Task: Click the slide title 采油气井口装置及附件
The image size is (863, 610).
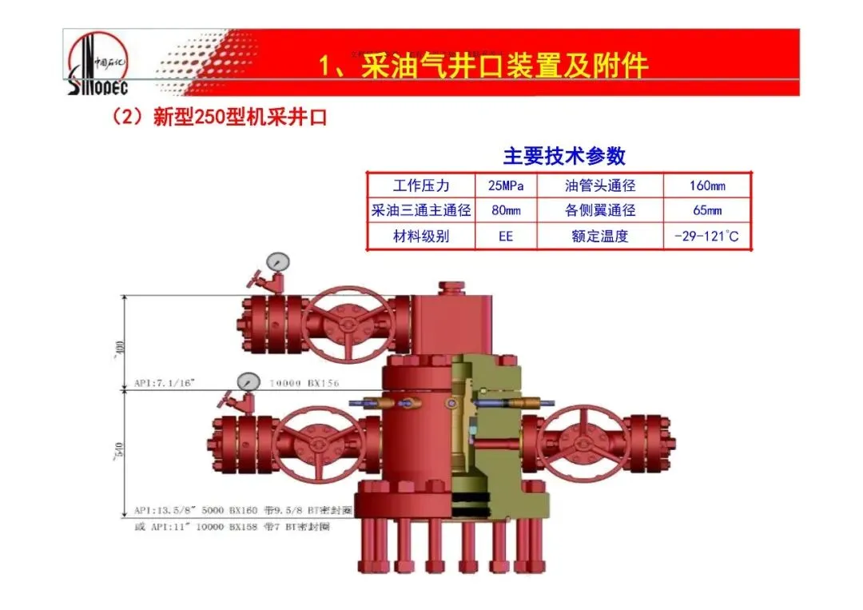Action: [483, 66]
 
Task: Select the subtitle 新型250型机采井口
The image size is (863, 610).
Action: [220, 118]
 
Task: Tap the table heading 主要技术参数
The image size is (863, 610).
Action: [564, 156]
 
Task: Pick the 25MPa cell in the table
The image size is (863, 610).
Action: [506, 186]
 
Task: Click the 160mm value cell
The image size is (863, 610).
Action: [707, 186]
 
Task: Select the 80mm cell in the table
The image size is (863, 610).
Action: [506, 211]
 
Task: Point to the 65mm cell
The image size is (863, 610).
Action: [707, 211]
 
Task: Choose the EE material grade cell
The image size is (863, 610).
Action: [506, 236]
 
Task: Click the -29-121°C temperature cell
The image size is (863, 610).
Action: [707, 236]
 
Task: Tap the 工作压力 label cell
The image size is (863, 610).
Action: [421, 186]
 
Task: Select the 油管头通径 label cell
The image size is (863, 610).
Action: [600, 186]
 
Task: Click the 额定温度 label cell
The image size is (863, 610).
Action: [600, 236]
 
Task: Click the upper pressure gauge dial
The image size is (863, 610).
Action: [278, 261]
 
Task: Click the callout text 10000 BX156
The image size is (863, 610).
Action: [304, 384]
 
